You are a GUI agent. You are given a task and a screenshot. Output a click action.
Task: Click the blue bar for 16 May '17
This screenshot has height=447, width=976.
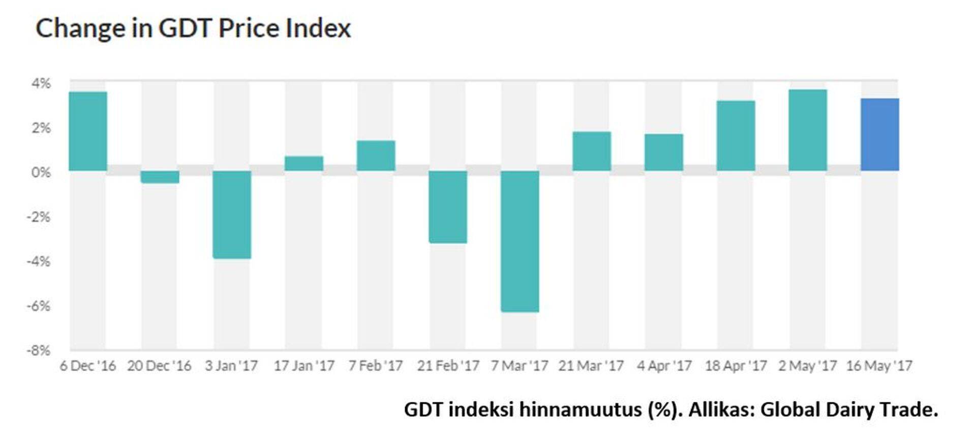(879, 135)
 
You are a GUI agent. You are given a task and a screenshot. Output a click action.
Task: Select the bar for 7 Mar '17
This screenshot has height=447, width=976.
(520, 241)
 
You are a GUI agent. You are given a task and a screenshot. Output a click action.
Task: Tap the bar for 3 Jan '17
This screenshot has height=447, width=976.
(232, 215)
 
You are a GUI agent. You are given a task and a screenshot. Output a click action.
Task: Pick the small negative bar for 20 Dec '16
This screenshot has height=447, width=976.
(160, 177)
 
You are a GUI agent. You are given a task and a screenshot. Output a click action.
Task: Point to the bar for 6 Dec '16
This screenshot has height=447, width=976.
(88, 131)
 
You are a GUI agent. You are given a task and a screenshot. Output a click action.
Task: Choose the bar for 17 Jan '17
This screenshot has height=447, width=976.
(304, 163)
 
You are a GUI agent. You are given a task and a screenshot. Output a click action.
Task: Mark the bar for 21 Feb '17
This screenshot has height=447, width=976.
(448, 207)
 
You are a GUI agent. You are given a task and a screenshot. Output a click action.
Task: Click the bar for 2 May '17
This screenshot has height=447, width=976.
(808, 130)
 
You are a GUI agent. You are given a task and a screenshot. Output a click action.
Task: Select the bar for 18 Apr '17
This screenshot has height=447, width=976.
(736, 136)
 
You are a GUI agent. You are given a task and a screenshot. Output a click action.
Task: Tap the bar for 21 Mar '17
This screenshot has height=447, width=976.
(592, 151)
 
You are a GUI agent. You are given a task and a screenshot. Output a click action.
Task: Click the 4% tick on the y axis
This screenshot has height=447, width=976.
(41, 83)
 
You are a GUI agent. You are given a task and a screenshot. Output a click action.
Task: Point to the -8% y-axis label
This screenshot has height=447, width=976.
(39, 350)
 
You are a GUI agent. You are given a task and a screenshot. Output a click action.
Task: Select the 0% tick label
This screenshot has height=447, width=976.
(41, 172)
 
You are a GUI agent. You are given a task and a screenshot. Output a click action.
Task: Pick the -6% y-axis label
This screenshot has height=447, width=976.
(39, 306)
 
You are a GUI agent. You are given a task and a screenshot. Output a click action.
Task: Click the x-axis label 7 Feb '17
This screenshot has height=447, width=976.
(375, 366)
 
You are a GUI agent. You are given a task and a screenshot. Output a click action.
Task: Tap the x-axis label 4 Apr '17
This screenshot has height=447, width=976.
(664, 366)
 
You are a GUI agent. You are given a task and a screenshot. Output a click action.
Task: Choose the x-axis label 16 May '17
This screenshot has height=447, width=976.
(879, 366)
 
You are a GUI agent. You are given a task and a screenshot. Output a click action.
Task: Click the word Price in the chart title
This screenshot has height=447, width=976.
(249, 28)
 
